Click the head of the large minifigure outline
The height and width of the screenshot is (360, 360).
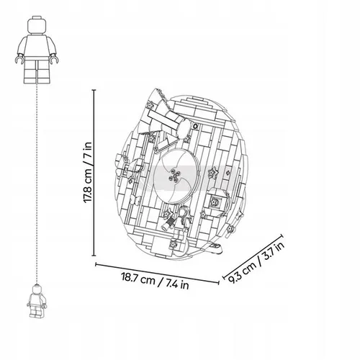[37, 25]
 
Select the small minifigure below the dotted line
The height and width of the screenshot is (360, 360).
[37, 301]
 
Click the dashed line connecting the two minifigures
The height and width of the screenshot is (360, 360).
[37, 184]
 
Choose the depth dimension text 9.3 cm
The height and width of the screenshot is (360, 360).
[242, 270]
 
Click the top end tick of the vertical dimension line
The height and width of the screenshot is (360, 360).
[94, 90]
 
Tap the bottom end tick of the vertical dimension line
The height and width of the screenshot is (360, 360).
[94, 256]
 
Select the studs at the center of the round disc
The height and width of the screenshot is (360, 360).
[174, 175]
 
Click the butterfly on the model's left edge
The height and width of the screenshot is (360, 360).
[123, 166]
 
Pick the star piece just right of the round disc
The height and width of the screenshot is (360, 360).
[212, 173]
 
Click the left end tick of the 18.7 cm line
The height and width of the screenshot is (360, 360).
[96, 264]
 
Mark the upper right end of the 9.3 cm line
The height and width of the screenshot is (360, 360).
[282, 235]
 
